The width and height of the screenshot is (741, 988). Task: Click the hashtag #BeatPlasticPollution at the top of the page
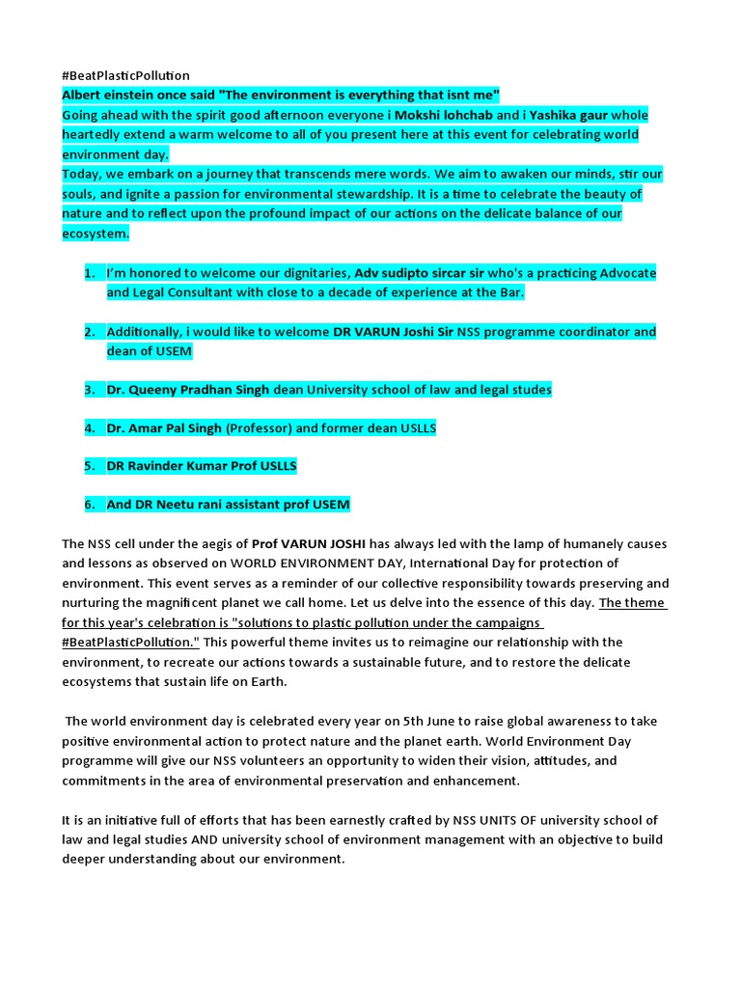tap(125, 75)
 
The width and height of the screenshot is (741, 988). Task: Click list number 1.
tap(89, 273)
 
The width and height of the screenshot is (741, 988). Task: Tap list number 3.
tap(89, 390)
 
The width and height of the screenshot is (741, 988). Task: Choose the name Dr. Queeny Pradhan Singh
tap(189, 390)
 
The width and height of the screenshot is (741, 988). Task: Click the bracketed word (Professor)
tap(258, 427)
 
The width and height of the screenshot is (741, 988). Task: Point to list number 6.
tap(89, 505)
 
